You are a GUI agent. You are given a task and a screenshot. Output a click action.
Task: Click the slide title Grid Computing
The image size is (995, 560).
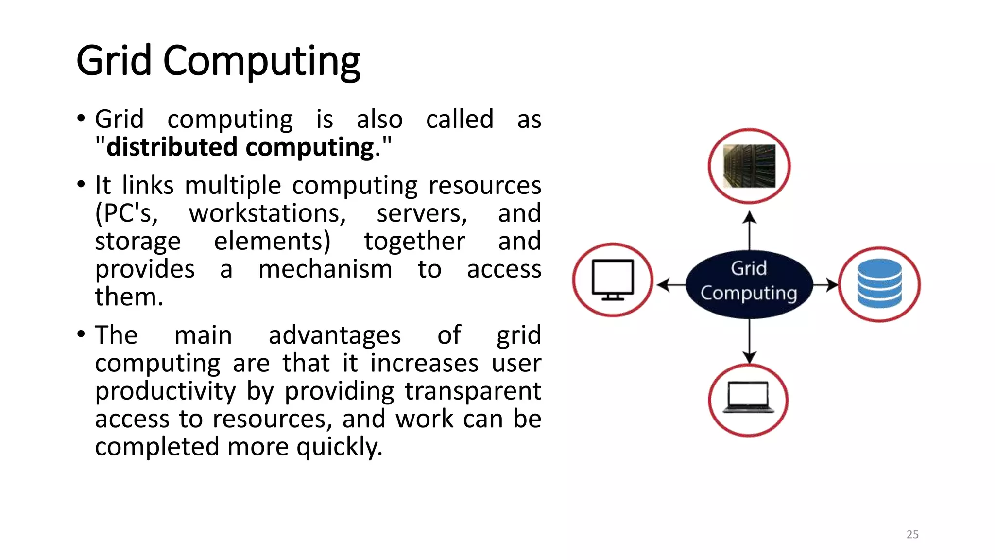tap(218, 61)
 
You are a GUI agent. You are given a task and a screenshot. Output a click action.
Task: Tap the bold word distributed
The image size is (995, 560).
tap(172, 147)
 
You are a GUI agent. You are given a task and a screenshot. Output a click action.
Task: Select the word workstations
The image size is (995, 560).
tap(267, 213)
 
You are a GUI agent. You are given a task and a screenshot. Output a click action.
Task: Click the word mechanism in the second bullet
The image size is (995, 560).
tap(325, 269)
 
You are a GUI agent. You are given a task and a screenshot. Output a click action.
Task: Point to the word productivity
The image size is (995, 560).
tap(165, 391)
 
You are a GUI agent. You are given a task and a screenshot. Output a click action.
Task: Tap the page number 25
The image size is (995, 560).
tap(912, 534)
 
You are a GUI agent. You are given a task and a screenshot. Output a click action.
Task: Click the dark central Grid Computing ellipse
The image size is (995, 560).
tap(749, 284)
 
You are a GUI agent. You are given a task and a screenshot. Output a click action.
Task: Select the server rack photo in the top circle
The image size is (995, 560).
tap(749, 166)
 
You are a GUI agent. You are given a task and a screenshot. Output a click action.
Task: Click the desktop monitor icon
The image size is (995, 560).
tap(613, 280)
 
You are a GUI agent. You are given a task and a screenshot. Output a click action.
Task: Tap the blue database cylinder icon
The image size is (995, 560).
tap(879, 283)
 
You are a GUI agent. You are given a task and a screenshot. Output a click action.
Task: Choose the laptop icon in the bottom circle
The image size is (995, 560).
tap(749, 398)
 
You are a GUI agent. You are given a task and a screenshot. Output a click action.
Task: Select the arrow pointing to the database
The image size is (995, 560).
tap(825, 284)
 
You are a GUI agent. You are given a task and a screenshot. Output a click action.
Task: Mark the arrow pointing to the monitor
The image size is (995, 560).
tap(671, 284)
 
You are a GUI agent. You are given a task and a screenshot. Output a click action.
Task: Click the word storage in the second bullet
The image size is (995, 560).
tap(137, 242)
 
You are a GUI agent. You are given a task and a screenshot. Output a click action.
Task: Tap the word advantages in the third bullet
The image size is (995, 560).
tap(334, 335)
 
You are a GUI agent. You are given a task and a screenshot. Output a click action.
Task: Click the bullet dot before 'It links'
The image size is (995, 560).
tap(81, 185)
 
